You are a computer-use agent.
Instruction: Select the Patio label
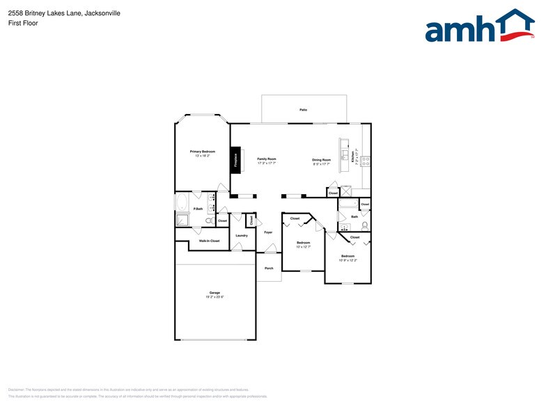[x=303, y=110]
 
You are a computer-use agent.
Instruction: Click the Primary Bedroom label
[x=203, y=151]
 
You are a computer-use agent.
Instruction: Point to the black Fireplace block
[x=236, y=159]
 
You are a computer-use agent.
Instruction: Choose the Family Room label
[x=267, y=159]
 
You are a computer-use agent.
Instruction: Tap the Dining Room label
[x=321, y=159]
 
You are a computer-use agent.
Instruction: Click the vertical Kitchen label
[x=354, y=158]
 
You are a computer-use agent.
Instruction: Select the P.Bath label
[x=198, y=209]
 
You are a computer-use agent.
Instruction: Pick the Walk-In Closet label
[x=209, y=241]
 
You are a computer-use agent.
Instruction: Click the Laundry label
[x=242, y=235]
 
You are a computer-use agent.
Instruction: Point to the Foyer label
[x=268, y=232]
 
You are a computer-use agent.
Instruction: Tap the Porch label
[x=269, y=268]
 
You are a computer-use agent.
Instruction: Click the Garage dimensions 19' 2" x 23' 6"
[x=214, y=297]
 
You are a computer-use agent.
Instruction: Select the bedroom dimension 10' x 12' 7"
[x=303, y=247]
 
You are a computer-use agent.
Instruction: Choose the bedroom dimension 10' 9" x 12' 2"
[x=348, y=261]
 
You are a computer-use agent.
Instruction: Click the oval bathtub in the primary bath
[x=182, y=203]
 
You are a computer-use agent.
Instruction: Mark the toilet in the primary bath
[x=208, y=220]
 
